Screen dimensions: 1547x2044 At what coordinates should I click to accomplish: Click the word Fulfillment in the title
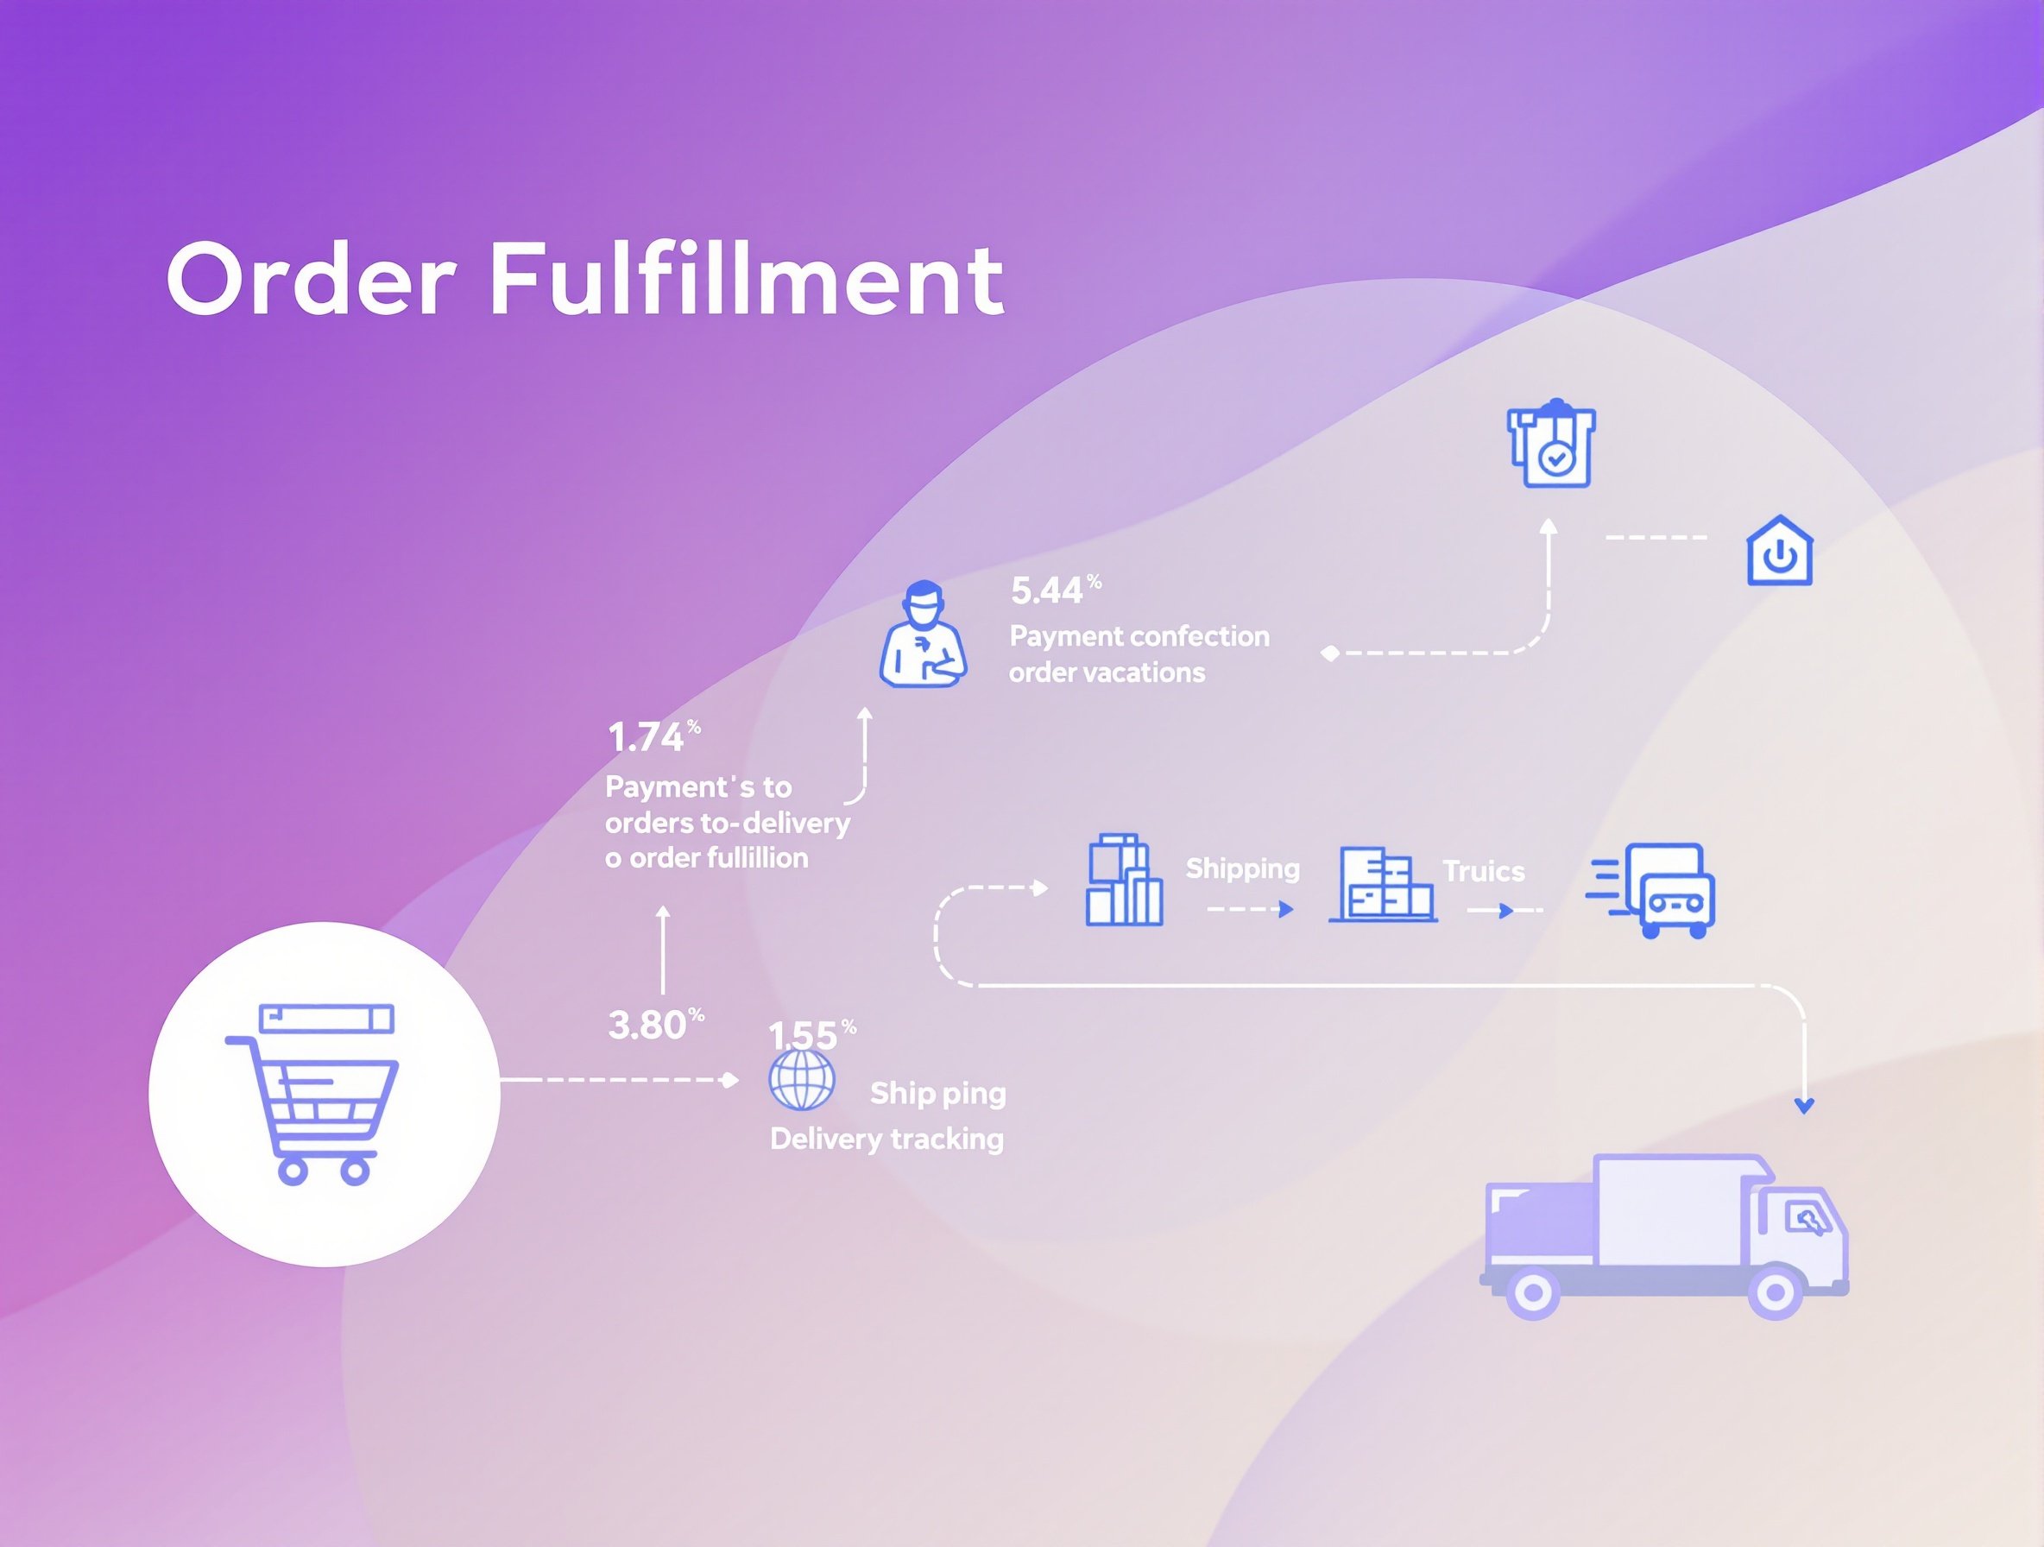(745, 279)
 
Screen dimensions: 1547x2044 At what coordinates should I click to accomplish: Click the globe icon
(801, 1079)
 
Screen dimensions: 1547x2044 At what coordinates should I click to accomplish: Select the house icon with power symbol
(1780, 552)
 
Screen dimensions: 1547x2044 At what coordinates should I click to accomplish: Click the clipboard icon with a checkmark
(1551, 445)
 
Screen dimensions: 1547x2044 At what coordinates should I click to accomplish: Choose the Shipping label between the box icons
(1242, 868)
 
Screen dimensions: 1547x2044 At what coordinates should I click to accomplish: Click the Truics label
(1483, 870)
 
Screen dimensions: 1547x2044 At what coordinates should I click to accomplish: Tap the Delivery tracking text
(886, 1139)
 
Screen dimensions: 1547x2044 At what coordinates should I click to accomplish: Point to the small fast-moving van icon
(1654, 890)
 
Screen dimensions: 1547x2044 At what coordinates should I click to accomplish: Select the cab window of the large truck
(1804, 1217)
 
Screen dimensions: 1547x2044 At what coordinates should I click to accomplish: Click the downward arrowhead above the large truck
(1804, 1105)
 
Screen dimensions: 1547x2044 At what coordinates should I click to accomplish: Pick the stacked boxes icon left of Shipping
(1123, 880)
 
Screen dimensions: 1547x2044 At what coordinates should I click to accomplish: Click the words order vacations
(1106, 672)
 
